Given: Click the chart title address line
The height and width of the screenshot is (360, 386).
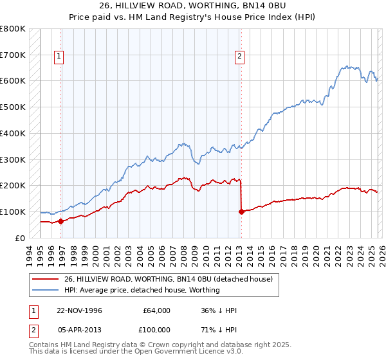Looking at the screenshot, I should (192, 7).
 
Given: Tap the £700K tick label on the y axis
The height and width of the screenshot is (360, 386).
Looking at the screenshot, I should (13, 55).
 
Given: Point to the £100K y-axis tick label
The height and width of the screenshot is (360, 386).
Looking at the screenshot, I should (13, 212).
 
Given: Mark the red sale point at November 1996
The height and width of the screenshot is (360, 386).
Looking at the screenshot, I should (60, 221).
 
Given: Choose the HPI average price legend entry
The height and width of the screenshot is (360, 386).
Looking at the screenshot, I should (142, 290).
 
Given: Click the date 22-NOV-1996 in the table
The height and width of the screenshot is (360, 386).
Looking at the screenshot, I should (84, 310).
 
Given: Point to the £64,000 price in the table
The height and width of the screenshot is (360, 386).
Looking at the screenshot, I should (157, 310).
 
